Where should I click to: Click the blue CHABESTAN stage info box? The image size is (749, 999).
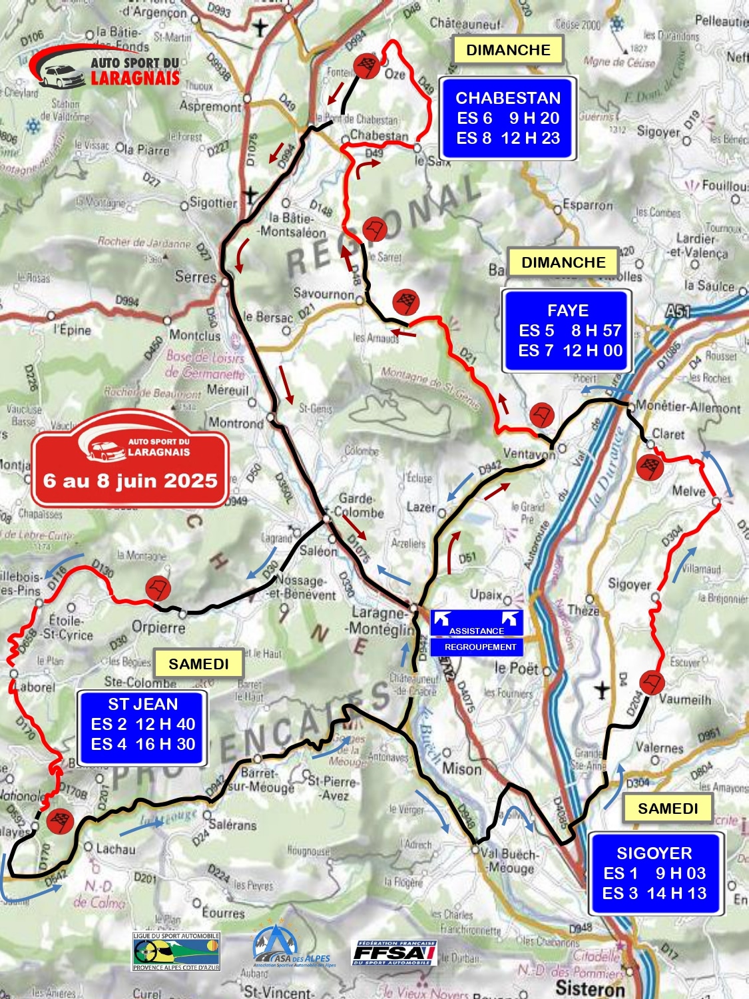tap(507, 119)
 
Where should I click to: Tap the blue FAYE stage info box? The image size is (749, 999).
tap(567, 331)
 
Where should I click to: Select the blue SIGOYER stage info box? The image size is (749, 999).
tap(654, 873)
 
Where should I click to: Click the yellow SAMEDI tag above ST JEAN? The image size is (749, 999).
tap(198, 664)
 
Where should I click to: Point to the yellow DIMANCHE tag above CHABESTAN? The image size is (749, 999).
tap(508, 50)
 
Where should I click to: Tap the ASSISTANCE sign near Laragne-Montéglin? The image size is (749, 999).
tap(477, 623)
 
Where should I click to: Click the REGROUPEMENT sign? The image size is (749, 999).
tap(477, 647)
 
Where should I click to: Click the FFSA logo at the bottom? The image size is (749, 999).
tap(395, 952)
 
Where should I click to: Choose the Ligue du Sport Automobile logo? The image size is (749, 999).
tap(176, 951)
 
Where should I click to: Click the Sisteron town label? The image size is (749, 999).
tap(590, 987)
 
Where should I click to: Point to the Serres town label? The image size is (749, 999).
tap(195, 276)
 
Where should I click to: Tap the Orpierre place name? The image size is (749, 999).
tap(158, 627)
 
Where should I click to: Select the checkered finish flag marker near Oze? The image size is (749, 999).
tap(367, 66)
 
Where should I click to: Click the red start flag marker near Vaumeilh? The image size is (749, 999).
tap(651, 683)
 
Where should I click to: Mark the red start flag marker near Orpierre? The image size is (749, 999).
tap(158, 588)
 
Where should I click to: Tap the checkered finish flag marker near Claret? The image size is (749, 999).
tap(648, 467)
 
